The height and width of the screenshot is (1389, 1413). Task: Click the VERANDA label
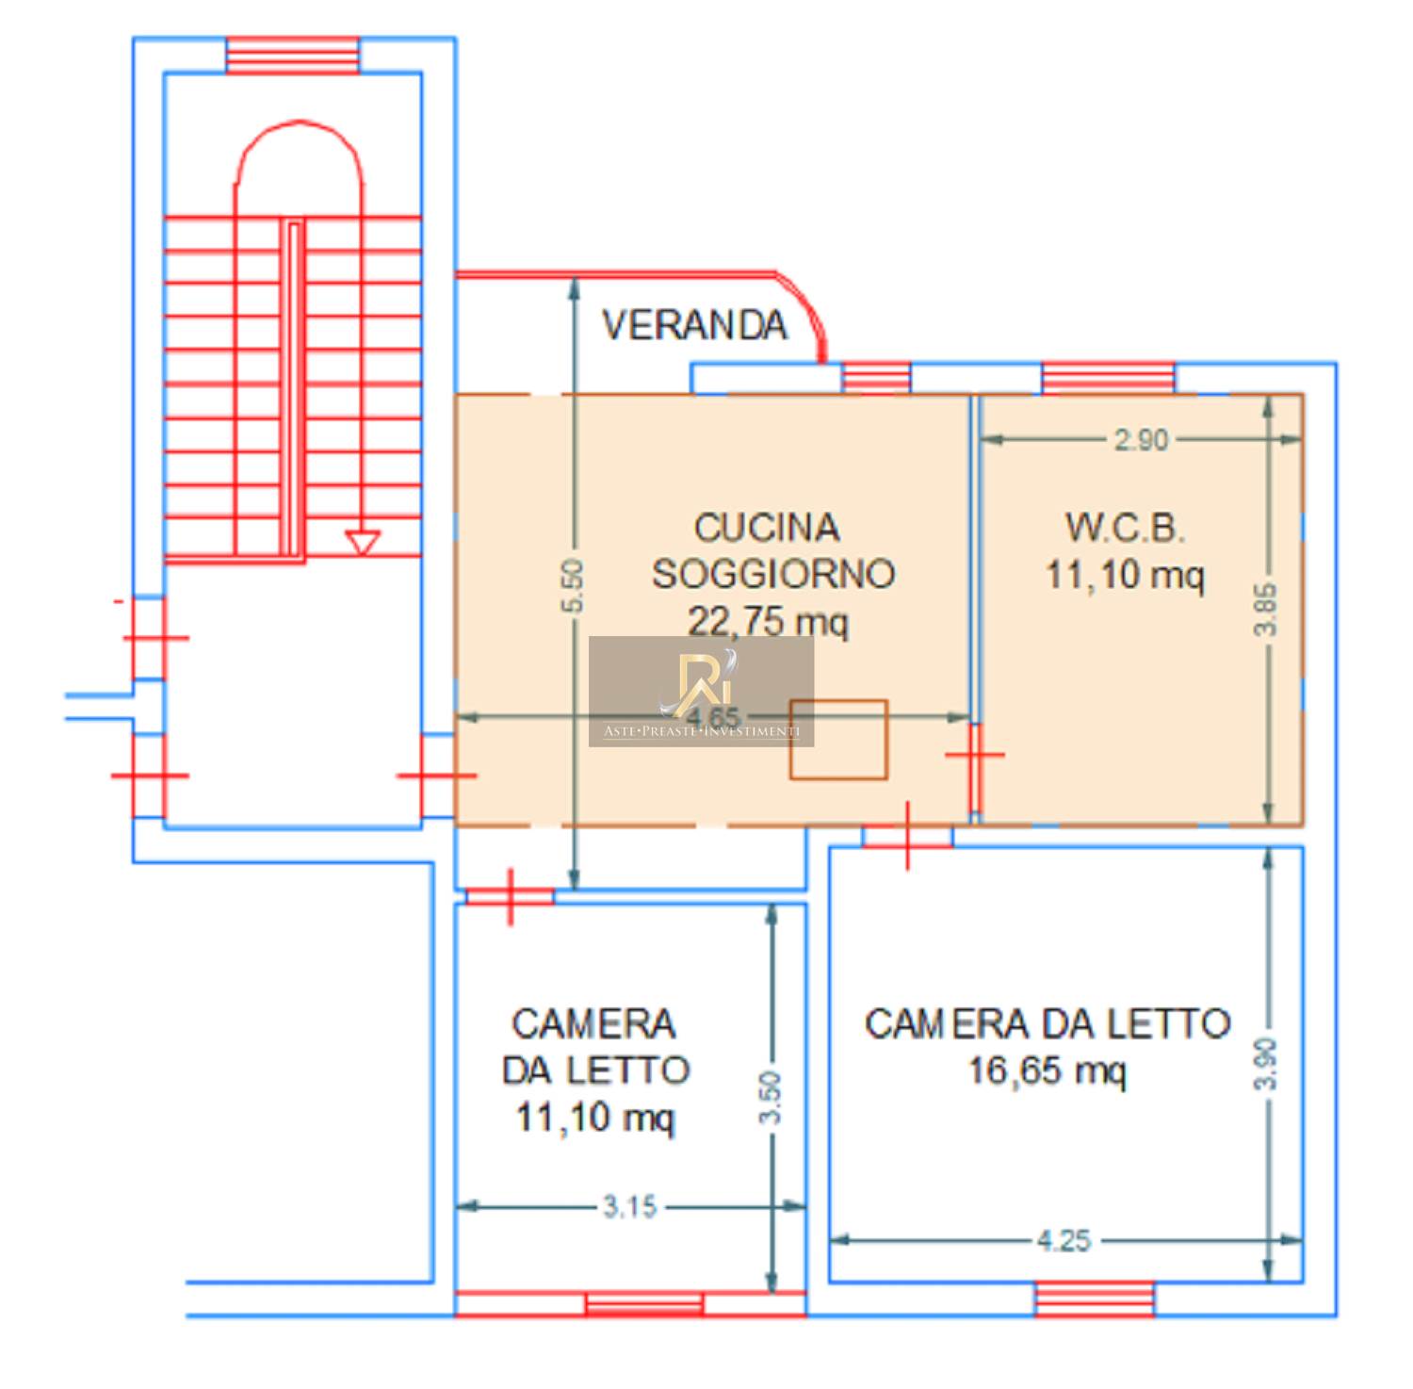click(694, 325)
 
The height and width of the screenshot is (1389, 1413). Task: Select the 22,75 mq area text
click(768, 621)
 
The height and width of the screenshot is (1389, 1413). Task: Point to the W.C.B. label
click(1124, 528)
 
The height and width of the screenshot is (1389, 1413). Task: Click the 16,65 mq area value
click(1047, 1070)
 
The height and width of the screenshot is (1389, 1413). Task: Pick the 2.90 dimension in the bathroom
click(1141, 440)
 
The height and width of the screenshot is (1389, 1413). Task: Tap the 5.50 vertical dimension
click(573, 586)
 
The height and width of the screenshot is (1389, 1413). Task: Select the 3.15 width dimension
click(629, 1206)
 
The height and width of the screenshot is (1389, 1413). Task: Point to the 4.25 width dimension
click(1064, 1240)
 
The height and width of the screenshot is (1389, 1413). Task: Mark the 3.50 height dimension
click(771, 1098)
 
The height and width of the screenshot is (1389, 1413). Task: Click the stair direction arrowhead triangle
click(362, 543)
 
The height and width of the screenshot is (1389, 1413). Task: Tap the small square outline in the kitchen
click(838, 740)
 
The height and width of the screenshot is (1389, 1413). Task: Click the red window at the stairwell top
click(293, 56)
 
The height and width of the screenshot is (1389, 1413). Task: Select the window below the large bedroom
click(1094, 1299)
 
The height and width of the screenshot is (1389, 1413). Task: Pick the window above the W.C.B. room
click(1108, 378)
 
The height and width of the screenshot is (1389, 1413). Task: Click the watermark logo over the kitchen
click(701, 691)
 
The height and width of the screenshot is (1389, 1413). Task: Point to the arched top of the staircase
click(299, 151)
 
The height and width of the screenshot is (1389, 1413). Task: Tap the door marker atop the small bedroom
click(510, 896)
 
